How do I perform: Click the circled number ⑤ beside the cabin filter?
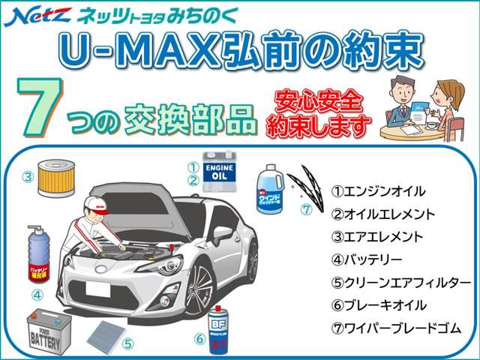coord(128,344)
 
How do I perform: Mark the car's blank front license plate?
coord(99,290)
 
